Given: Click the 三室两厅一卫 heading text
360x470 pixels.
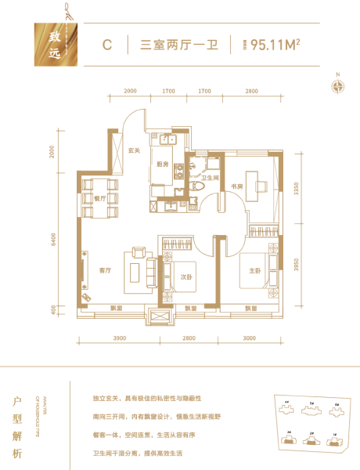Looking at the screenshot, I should pyautogui.click(x=178, y=44).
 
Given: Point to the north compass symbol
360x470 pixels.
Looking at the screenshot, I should pyautogui.click(x=338, y=86).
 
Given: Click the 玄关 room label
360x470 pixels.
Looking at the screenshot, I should pyautogui.click(x=134, y=151).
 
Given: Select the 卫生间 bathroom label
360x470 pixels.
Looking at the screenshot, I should pyautogui.click(x=208, y=179).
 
